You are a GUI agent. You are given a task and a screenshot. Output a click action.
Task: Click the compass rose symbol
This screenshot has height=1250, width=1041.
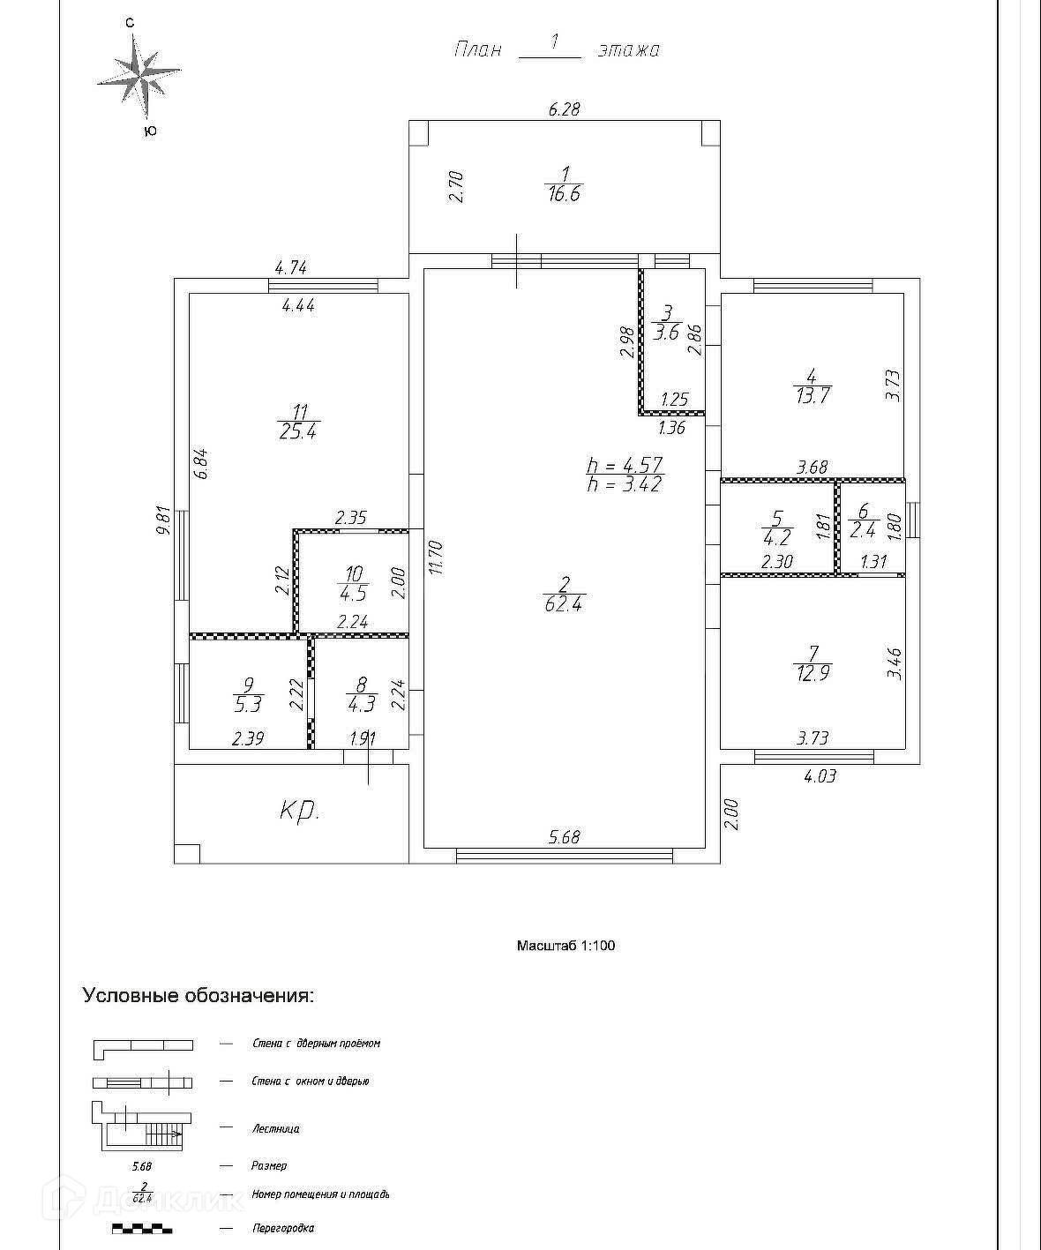pyautogui.click(x=139, y=73)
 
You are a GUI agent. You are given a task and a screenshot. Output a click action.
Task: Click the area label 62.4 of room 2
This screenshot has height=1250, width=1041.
pyautogui.click(x=565, y=605)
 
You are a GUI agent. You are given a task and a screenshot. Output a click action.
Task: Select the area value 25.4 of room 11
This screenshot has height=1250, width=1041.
pyautogui.click(x=298, y=432)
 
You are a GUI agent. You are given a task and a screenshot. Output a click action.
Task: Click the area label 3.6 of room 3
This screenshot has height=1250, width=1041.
pyautogui.click(x=666, y=333)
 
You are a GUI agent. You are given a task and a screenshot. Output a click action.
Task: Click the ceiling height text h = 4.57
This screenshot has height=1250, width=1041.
pyautogui.click(x=624, y=465)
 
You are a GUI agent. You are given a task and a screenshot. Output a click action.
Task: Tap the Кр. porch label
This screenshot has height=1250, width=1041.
pyautogui.click(x=299, y=812)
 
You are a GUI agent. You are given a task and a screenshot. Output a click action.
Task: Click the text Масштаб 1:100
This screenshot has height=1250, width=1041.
pyautogui.click(x=565, y=946)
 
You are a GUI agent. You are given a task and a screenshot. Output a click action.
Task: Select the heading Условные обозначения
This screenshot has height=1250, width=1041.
pyautogui.click(x=198, y=996)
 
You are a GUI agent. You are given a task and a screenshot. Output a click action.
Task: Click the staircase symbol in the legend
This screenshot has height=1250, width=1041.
pyautogui.click(x=141, y=1128)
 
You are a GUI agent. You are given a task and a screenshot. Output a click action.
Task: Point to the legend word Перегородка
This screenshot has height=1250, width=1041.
pyautogui.click(x=282, y=1228)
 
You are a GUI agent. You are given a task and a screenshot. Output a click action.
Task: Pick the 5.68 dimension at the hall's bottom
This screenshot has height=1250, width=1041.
pyautogui.click(x=565, y=837)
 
